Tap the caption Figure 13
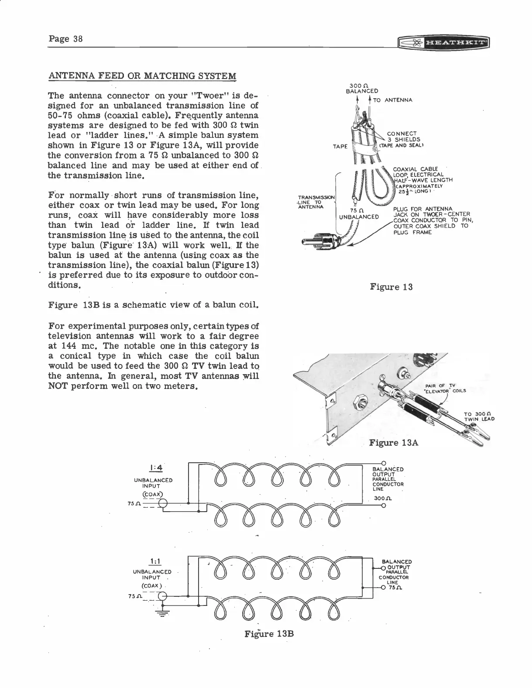[391, 287]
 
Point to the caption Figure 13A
[393, 443]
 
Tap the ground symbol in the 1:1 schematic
[162, 614]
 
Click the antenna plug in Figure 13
[318, 241]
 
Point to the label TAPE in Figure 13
[340, 146]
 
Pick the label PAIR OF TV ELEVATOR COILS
[445, 388]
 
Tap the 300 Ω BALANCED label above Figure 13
[362, 88]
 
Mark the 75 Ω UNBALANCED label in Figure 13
[359, 213]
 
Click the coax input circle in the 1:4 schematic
[162, 504]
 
